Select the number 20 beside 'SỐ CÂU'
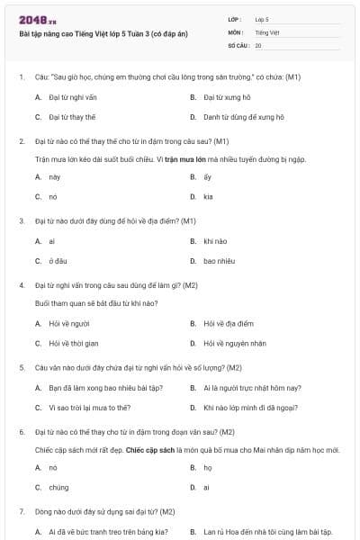(x=259, y=45)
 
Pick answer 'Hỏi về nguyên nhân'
(x=235, y=343)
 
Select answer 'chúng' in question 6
(x=58, y=487)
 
